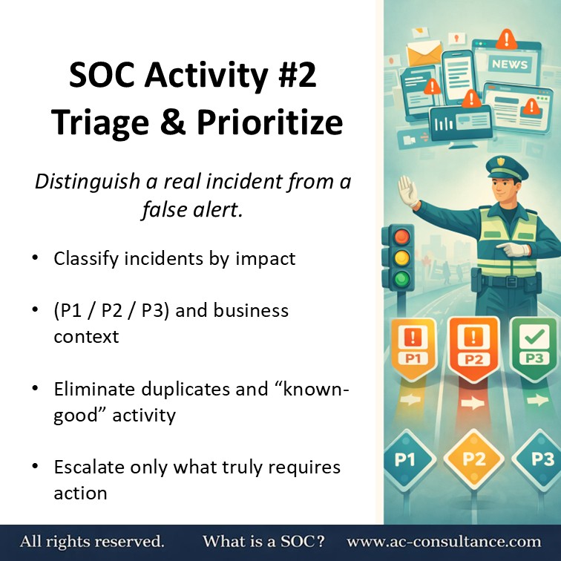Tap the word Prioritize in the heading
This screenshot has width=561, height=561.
[266, 122]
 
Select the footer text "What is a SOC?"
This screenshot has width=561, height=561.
[263, 542]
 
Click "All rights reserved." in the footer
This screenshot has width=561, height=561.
[92, 542]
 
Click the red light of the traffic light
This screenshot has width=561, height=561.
[401, 237]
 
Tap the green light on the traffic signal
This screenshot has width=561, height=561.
[401, 280]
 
